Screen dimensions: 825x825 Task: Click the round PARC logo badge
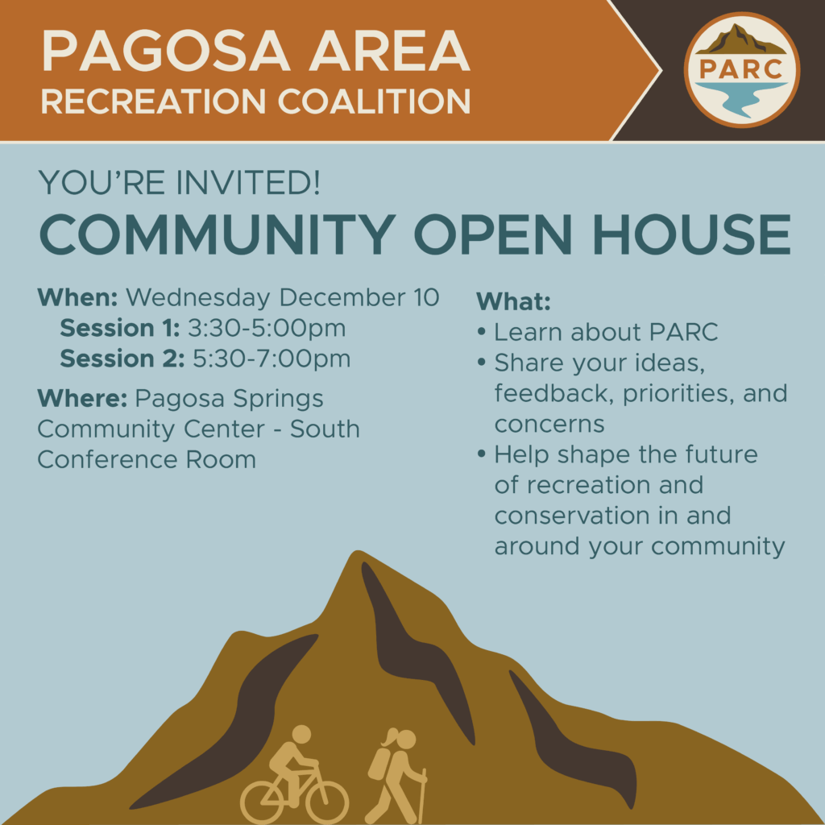[x=742, y=70]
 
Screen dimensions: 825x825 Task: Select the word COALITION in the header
[x=374, y=101]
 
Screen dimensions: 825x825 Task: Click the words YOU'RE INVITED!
[x=179, y=183]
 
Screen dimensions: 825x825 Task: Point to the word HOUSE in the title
[x=691, y=234]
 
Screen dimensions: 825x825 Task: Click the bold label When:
[x=78, y=298]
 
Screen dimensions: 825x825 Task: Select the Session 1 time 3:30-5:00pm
[x=267, y=329]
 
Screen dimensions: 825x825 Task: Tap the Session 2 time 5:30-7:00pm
[x=272, y=359]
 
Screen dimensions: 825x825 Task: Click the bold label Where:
[x=83, y=398]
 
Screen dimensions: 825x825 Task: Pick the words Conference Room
[x=147, y=460]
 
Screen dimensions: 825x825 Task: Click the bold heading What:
[x=513, y=301]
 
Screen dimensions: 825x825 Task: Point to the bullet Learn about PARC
[x=598, y=332]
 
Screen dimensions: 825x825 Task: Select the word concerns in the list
[x=549, y=424]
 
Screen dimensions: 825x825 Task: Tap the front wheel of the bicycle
[x=327, y=803]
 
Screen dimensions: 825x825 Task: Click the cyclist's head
[x=301, y=735]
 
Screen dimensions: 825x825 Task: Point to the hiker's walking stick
[x=422, y=797]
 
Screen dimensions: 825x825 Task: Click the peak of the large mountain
[x=357, y=552]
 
